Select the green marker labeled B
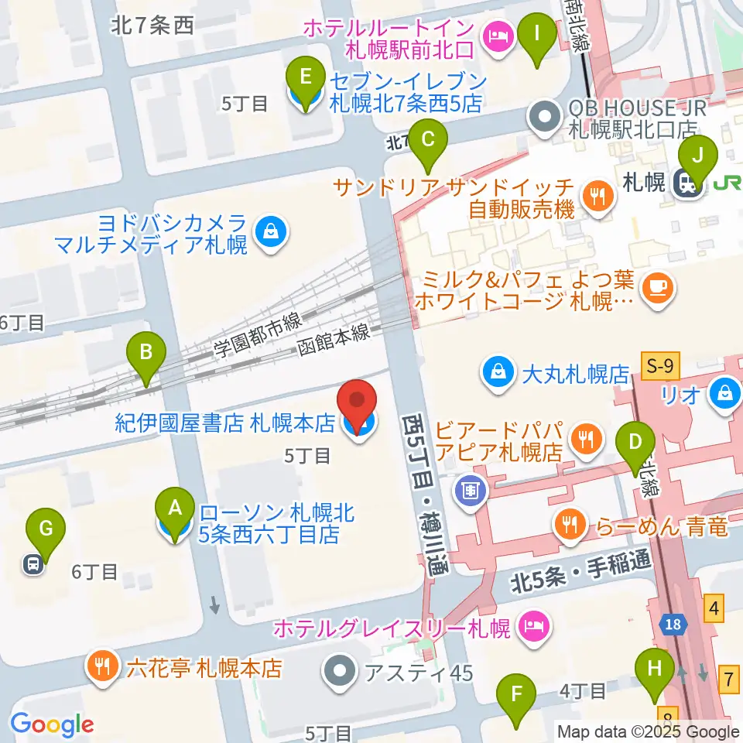click(146, 355)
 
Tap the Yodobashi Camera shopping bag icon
click(271, 230)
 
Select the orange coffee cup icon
click(659, 288)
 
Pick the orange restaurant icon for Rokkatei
click(104, 667)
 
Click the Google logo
click(51, 724)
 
